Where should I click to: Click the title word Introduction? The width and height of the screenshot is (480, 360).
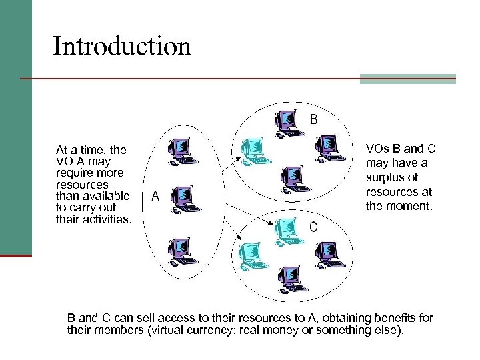point(122,46)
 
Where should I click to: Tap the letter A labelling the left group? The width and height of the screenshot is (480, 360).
point(155,196)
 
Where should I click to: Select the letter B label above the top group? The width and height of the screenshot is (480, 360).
point(313,119)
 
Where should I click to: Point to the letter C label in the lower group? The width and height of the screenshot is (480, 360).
point(313,227)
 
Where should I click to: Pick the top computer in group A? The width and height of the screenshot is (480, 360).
point(181,151)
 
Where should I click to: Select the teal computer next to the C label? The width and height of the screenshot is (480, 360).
point(285,231)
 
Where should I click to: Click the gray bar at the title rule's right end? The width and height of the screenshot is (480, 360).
point(408,79)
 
